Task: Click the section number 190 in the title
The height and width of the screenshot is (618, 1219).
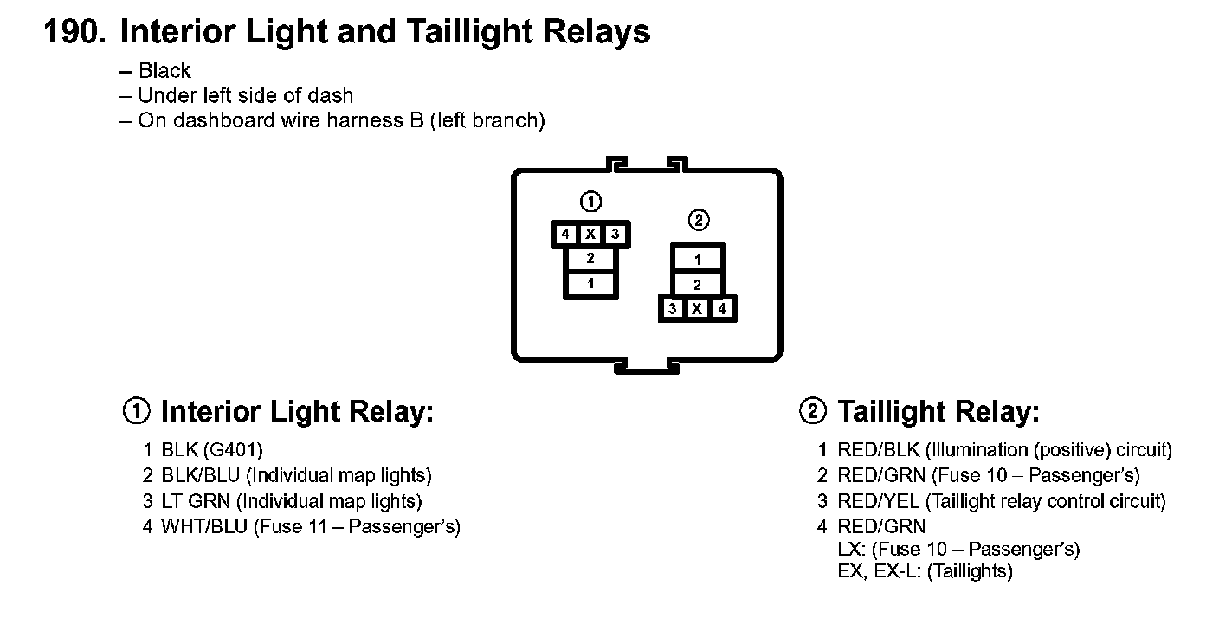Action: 74,33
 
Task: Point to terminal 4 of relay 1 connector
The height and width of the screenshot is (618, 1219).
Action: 564,234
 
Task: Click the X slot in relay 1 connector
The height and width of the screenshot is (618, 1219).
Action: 590,234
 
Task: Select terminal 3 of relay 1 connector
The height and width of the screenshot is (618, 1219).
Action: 615,234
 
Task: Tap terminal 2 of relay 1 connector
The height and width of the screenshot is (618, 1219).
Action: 590,258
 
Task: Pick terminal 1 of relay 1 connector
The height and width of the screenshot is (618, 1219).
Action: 590,284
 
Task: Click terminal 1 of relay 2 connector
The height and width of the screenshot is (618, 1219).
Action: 698,259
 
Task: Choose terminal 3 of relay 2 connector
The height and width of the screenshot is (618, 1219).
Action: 673,308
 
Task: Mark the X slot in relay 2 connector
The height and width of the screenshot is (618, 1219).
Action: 697,308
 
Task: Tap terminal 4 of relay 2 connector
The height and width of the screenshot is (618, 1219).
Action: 722,308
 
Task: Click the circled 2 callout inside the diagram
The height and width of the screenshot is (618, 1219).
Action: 698,221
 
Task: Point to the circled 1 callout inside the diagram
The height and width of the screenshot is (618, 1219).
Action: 590,203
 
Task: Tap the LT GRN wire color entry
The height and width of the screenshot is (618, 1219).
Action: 195,501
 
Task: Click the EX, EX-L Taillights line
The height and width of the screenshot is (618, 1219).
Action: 925,571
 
